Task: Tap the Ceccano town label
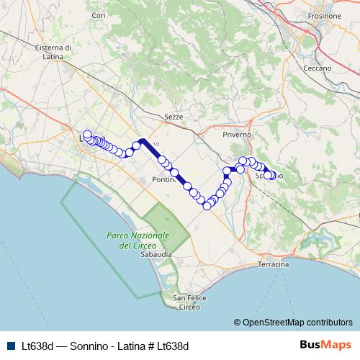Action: pos(317,68)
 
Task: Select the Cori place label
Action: pos(99,15)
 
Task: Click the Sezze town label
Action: pos(174,116)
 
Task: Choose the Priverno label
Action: pos(237,135)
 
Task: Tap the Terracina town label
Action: pos(273,265)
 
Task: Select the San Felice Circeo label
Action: pos(189,302)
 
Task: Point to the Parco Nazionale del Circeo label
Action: pos(138,240)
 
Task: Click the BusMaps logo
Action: pos(325,344)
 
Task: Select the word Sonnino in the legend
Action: pos(83,346)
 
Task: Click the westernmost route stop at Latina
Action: pos(87,134)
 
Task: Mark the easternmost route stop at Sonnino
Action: pos(272,175)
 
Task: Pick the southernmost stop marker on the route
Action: pos(207,206)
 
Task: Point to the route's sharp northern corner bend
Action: pos(143,140)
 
